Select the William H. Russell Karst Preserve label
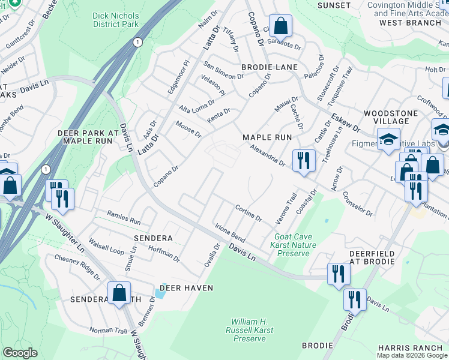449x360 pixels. [x=253, y=330]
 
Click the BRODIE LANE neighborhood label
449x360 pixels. [x=265, y=68]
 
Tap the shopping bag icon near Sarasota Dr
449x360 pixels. [x=280, y=26]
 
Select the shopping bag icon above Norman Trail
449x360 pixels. [x=119, y=293]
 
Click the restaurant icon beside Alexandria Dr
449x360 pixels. [x=304, y=161]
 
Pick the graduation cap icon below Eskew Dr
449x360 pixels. [x=388, y=140]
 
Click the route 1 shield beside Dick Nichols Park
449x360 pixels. [x=138, y=42]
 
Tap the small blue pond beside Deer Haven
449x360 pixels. [x=159, y=293]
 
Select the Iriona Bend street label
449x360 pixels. [x=230, y=231]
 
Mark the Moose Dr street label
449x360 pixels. [x=188, y=128]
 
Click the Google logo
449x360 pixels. [x=20, y=353]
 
